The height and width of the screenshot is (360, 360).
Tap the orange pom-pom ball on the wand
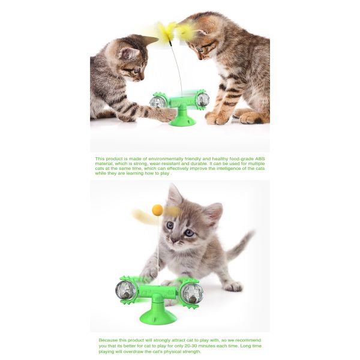(x=157, y=210)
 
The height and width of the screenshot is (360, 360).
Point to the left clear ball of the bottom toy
(x=125, y=290)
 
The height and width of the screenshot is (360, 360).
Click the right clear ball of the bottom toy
(x=192, y=293)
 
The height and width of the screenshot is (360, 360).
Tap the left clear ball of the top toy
(x=158, y=102)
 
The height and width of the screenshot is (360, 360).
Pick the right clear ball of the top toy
(x=203, y=100)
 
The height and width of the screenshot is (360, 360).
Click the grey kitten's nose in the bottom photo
(x=174, y=240)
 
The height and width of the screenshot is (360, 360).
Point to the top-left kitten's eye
(x=137, y=70)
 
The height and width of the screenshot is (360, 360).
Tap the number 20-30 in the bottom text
(x=184, y=346)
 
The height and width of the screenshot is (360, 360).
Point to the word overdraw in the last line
(x=133, y=352)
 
